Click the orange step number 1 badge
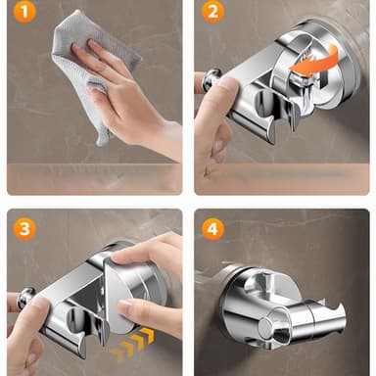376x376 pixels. click(24, 12)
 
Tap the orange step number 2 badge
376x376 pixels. click(212, 12)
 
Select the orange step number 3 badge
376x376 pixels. click(24, 229)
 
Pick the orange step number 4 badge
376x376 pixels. click(212, 229)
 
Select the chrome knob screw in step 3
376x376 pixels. click(25, 298)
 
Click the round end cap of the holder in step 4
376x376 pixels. click(265, 327)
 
